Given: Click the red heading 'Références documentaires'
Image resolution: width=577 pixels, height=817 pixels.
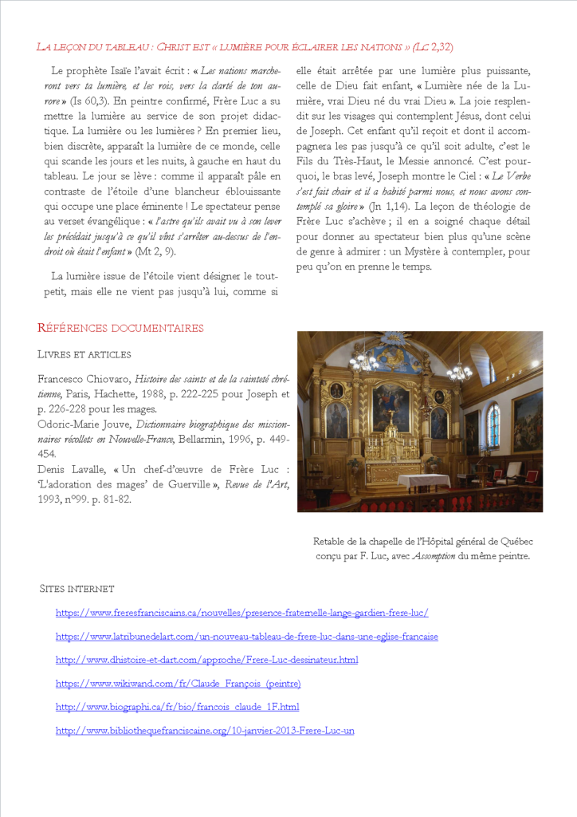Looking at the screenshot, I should tap(120, 328).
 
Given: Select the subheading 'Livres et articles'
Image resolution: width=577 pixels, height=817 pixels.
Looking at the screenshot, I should tap(84, 354).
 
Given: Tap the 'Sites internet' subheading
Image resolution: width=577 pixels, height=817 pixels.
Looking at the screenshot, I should tap(77, 589).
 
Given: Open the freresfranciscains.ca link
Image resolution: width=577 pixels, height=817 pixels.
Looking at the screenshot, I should tap(241, 613).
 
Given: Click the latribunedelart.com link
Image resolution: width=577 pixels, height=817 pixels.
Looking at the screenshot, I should tap(246, 637).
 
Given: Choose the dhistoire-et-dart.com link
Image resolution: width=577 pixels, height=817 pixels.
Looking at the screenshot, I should tap(206, 660).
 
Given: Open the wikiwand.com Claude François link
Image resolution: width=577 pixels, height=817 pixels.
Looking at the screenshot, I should tap(178, 684).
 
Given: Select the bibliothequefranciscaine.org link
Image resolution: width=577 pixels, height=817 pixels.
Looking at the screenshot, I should tap(205, 730).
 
